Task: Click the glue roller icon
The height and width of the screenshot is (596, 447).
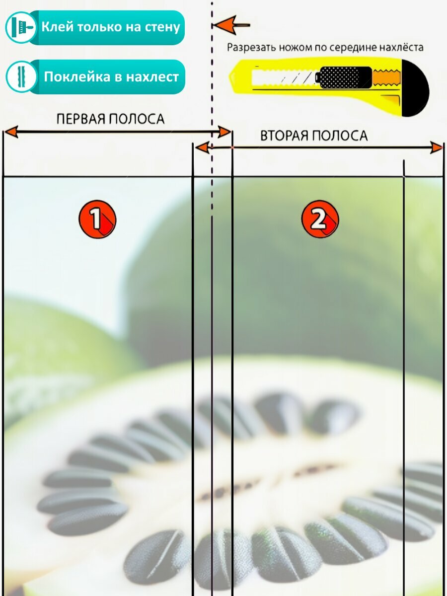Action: (21, 27)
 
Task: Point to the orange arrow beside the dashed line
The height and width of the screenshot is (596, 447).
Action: (225, 24)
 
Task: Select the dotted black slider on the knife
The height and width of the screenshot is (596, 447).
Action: (345, 77)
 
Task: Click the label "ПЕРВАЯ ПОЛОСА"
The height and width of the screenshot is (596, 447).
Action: (110, 119)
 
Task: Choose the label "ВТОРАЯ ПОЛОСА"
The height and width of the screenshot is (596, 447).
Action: (314, 136)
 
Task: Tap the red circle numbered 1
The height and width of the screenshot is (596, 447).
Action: (97, 219)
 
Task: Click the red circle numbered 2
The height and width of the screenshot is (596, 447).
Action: (320, 219)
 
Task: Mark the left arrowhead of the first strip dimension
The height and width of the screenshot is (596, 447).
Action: (11, 132)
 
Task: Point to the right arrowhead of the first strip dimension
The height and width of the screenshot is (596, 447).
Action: (224, 132)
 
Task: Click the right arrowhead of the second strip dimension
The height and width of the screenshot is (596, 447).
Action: (436, 148)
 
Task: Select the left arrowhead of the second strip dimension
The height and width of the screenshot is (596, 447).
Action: (202, 148)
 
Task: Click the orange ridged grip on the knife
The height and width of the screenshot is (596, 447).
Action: (386, 77)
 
